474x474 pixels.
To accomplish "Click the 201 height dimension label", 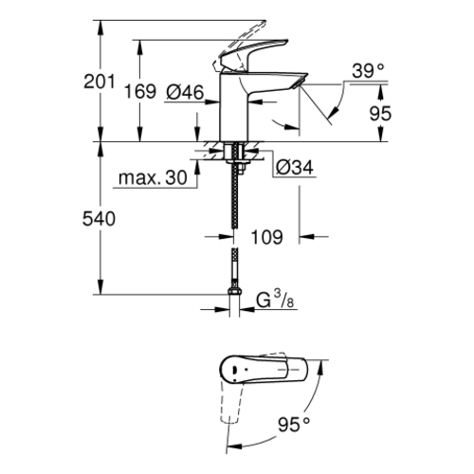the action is click(x=99, y=82).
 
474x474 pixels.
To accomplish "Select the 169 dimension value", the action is click(x=140, y=92).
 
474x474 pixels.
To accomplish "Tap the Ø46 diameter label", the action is click(x=185, y=93).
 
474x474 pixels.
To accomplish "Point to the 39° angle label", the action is click(x=368, y=71).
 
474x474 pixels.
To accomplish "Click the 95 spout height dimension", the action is click(x=380, y=114).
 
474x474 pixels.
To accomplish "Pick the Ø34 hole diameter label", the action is click(x=295, y=167).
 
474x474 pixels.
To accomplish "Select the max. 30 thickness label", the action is click(x=153, y=178).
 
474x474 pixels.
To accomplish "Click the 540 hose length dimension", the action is click(x=99, y=219).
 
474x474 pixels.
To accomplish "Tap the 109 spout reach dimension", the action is click(x=266, y=237).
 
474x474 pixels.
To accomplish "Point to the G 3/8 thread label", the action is click(x=275, y=300).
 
